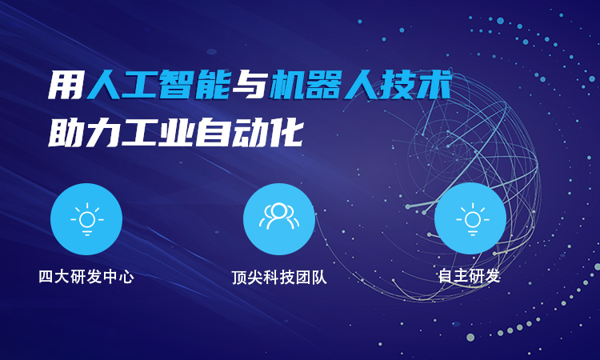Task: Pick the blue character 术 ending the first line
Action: (434, 85)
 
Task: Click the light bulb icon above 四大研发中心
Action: (87, 219)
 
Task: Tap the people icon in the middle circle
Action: (279, 216)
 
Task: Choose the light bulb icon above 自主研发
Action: (473, 219)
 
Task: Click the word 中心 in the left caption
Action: (118, 277)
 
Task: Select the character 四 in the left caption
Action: (46, 277)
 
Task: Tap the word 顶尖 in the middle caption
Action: (247, 278)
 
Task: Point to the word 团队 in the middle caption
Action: (311, 278)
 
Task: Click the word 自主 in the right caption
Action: (454, 276)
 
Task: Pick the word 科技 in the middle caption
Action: (279, 278)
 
